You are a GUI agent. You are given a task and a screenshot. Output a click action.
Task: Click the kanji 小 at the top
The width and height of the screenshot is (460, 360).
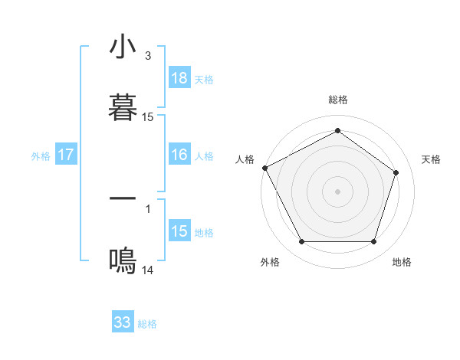[123, 47]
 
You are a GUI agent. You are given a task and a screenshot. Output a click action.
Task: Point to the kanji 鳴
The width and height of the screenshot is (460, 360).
[123, 261]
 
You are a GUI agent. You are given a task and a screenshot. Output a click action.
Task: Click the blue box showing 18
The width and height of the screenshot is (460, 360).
[179, 78]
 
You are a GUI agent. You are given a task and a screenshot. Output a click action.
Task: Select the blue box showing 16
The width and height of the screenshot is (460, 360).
[179, 155]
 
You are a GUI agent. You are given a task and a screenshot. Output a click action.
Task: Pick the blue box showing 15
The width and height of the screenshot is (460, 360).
[179, 231]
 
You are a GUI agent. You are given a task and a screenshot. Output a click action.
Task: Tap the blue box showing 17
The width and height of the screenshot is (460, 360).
[66, 155]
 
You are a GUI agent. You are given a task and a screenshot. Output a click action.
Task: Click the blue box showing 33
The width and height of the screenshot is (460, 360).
[123, 322]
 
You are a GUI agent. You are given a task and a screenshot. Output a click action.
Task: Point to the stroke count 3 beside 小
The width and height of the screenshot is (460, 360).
[148, 56]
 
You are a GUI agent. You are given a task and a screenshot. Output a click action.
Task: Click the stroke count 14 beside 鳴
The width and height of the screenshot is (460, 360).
[148, 270]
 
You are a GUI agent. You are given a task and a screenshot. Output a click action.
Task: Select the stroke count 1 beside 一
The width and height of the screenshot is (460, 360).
[148, 208]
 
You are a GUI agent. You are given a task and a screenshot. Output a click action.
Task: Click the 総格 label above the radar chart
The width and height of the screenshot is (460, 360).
[338, 100]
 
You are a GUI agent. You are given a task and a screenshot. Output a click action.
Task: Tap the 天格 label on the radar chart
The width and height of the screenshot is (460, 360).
[432, 159]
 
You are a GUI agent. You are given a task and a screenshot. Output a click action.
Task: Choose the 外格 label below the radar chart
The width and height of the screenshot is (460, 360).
[270, 262]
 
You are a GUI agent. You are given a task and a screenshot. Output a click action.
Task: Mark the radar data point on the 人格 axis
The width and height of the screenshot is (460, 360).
[264, 168]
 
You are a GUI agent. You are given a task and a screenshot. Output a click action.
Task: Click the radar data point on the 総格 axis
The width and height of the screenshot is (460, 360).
[337, 130]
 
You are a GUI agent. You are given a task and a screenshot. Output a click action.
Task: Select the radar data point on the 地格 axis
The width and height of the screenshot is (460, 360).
[374, 242]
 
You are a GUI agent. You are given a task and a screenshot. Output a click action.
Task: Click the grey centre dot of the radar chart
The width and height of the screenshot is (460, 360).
[337, 191]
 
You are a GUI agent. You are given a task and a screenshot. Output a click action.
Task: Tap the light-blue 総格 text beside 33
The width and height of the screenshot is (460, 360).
[147, 324]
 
